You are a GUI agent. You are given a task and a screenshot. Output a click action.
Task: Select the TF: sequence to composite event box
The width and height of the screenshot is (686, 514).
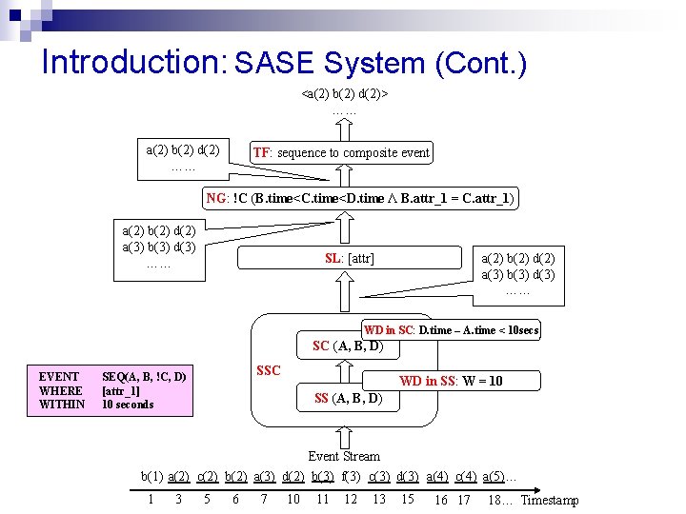[x=341, y=152]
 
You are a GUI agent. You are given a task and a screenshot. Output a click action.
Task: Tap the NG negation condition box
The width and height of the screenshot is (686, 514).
[x=361, y=198]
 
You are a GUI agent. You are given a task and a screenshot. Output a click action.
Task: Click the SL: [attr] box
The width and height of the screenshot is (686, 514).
[x=350, y=258]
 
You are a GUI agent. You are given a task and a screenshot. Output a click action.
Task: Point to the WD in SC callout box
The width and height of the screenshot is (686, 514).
[x=452, y=330]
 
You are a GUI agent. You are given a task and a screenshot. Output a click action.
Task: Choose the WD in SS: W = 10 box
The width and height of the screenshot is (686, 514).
[x=451, y=381]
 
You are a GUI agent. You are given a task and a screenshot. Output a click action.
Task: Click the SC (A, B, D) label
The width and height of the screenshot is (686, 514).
[x=348, y=346]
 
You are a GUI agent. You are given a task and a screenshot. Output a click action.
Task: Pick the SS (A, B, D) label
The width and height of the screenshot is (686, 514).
[x=348, y=398]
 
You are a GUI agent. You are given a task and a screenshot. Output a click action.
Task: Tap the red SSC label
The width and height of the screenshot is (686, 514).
[x=269, y=370]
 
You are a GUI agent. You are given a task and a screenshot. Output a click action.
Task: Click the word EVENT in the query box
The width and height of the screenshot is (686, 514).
[x=59, y=377]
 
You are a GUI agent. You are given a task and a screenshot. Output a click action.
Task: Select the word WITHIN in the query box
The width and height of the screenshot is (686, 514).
[x=62, y=405]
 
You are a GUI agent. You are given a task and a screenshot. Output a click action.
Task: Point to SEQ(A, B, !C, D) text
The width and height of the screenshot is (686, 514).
[x=144, y=377]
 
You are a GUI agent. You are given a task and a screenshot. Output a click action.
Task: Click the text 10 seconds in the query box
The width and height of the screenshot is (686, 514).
[x=128, y=405]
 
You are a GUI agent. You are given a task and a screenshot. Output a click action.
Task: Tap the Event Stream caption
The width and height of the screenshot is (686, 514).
[x=344, y=456]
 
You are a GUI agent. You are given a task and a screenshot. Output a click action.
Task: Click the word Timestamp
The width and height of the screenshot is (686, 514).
[x=550, y=501]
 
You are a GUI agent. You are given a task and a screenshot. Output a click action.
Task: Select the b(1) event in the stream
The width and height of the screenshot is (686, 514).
[x=151, y=475]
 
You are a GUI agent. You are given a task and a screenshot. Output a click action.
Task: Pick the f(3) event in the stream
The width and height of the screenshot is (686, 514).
[x=351, y=475]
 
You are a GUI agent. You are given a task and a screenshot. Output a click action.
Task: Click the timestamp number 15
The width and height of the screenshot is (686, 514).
[x=408, y=499]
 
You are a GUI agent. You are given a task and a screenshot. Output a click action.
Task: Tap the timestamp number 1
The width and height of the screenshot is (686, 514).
[x=151, y=499]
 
